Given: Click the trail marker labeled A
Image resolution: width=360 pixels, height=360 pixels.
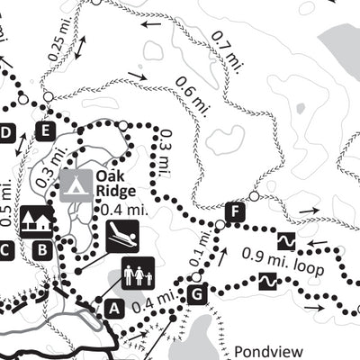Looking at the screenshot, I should (x=113, y=308).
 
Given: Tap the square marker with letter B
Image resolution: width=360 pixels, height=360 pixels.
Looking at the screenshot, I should (x=40, y=249).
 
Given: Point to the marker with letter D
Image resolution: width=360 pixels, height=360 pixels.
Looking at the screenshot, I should (x=6, y=134).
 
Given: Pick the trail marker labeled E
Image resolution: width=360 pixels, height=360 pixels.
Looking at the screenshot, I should (x=45, y=132).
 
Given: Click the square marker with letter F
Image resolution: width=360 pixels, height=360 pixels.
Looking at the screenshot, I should (x=236, y=212).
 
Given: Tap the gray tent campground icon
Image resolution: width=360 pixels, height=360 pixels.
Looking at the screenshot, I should (x=75, y=184).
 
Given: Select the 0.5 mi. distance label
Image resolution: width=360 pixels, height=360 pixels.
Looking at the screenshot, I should (x=8, y=202).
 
